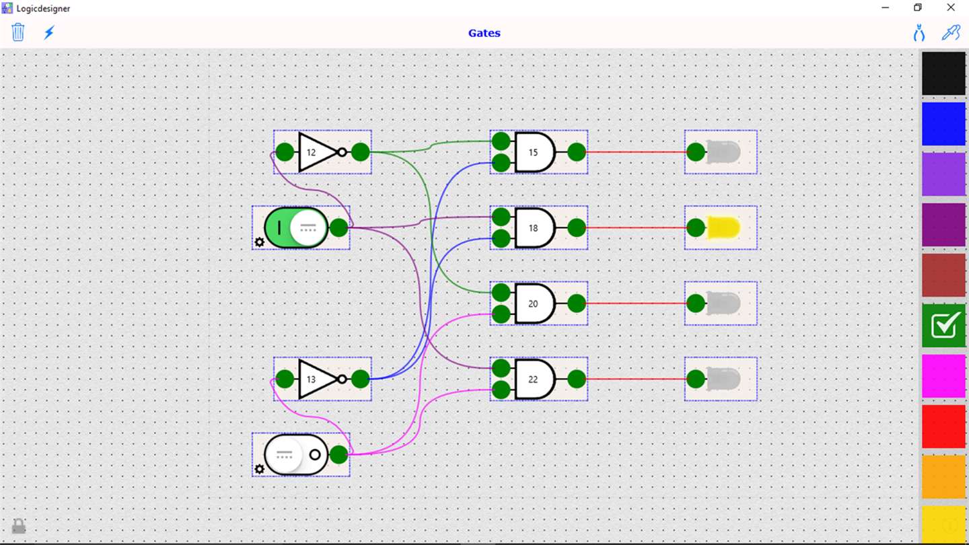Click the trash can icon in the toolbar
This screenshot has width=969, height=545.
point(18,32)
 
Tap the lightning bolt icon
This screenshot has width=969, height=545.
point(49,32)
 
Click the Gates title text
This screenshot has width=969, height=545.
point(484,33)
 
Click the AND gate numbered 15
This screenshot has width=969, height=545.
point(534,152)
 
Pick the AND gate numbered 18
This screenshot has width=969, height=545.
point(534,227)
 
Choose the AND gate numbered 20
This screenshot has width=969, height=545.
point(534,303)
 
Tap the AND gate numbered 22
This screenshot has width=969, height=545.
point(534,379)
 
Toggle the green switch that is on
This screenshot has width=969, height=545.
point(296,227)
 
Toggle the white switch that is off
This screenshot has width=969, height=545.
point(296,455)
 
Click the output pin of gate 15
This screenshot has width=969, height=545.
point(577,152)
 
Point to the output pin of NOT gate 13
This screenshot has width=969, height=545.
point(361,379)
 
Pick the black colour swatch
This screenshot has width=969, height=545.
point(943,73)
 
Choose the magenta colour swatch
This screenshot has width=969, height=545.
point(943,376)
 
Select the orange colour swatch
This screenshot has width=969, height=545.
point(943,477)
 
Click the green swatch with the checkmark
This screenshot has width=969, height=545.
point(943,326)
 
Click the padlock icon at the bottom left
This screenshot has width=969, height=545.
point(19,525)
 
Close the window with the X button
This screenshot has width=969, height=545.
point(951,7)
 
